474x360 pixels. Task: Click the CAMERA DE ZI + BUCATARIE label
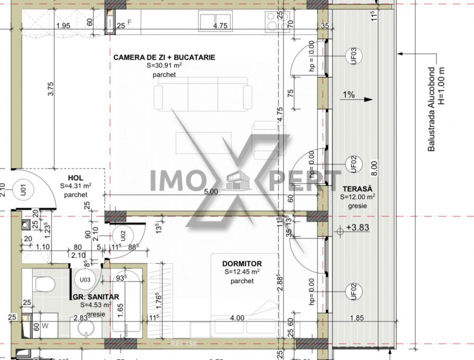point(164,57)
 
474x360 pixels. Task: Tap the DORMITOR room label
point(243,263)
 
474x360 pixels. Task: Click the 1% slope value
point(349,94)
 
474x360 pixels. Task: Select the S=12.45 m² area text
point(242,272)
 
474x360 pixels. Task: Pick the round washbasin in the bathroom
point(89,329)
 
